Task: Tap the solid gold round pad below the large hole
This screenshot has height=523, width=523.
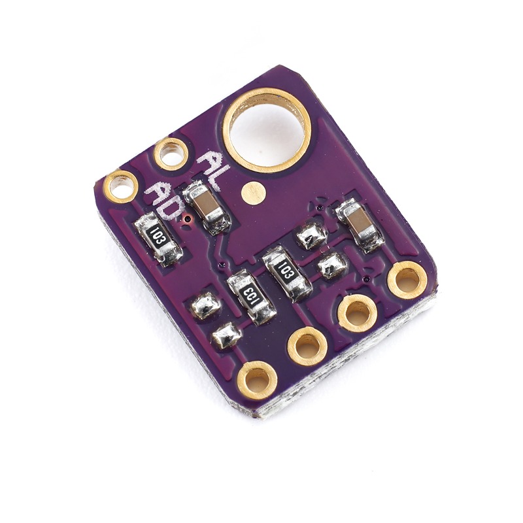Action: click(x=252, y=192)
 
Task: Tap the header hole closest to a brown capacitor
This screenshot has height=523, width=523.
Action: click(x=407, y=280)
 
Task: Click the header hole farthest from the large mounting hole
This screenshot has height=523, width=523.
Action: click(x=257, y=380)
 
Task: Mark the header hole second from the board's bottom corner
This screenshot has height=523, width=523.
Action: click(x=307, y=346)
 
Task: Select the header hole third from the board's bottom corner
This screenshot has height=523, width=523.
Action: click(x=357, y=313)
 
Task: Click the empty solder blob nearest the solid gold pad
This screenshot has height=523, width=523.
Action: click(x=311, y=235)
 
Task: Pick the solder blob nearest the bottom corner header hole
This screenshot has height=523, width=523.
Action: click(x=227, y=335)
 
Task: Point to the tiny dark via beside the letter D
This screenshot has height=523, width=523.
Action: click(x=188, y=218)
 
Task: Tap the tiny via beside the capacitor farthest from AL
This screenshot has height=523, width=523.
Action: click(x=320, y=208)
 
